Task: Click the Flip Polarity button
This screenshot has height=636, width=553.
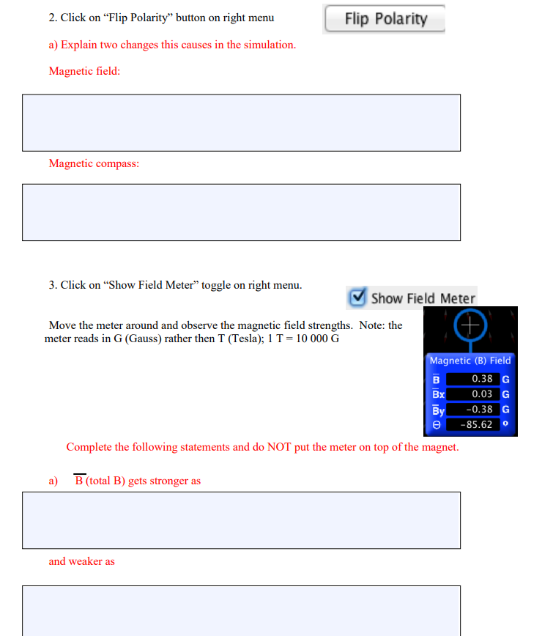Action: point(385,19)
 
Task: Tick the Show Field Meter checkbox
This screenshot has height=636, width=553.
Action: point(357,297)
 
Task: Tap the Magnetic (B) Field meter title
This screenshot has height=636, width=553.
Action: point(470,360)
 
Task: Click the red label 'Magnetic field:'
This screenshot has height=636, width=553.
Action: point(84,71)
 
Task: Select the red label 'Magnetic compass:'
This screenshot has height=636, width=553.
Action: point(94,163)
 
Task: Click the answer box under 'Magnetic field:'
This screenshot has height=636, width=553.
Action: point(241,122)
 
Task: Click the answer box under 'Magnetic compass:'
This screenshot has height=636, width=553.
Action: point(241,212)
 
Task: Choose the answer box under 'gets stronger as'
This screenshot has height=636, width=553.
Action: point(241,520)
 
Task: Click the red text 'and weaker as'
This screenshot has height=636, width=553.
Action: point(81,561)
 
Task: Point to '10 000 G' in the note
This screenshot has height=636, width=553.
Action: point(316,339)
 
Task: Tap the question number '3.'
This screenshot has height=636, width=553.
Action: point(53,285)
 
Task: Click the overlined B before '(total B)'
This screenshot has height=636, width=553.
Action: point(79,481)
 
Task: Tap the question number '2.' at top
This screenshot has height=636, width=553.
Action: point(53,18)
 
